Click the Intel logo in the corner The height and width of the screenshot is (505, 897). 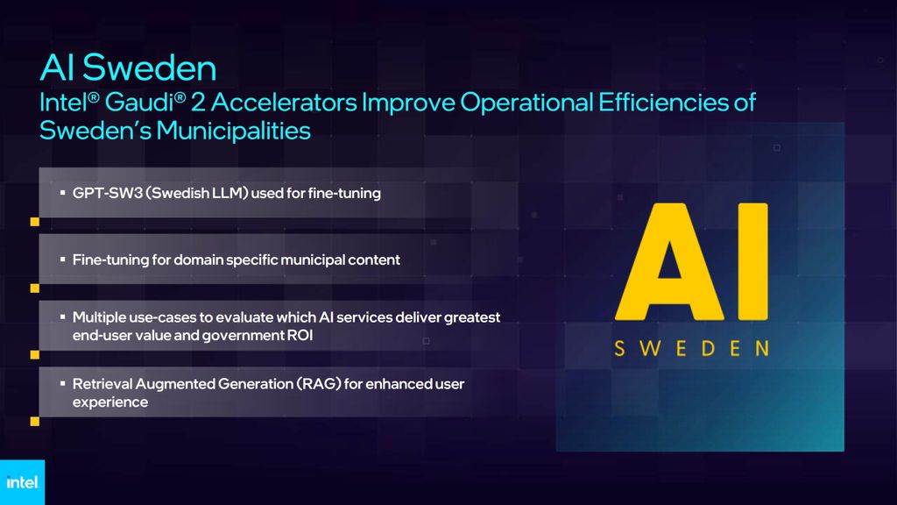click(x=22, y=482)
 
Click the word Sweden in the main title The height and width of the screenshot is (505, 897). click(x=149, y=68)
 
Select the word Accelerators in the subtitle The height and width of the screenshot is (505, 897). click(x=284, y=103)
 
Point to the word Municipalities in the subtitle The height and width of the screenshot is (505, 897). click(x=233, y=131)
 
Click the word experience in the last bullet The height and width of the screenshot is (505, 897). click(x=110, y=402)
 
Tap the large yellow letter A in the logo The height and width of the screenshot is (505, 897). click(x=669, y=261)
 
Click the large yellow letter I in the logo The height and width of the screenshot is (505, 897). click(x=752, y=261)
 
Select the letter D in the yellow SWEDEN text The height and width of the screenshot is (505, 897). click(x=708, y=348)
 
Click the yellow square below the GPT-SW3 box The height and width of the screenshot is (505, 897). click(x=35, y=222)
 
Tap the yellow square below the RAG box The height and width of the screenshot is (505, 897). click(x=35, y=422)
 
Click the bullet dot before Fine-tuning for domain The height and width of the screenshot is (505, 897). click(x=62, y=260)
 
